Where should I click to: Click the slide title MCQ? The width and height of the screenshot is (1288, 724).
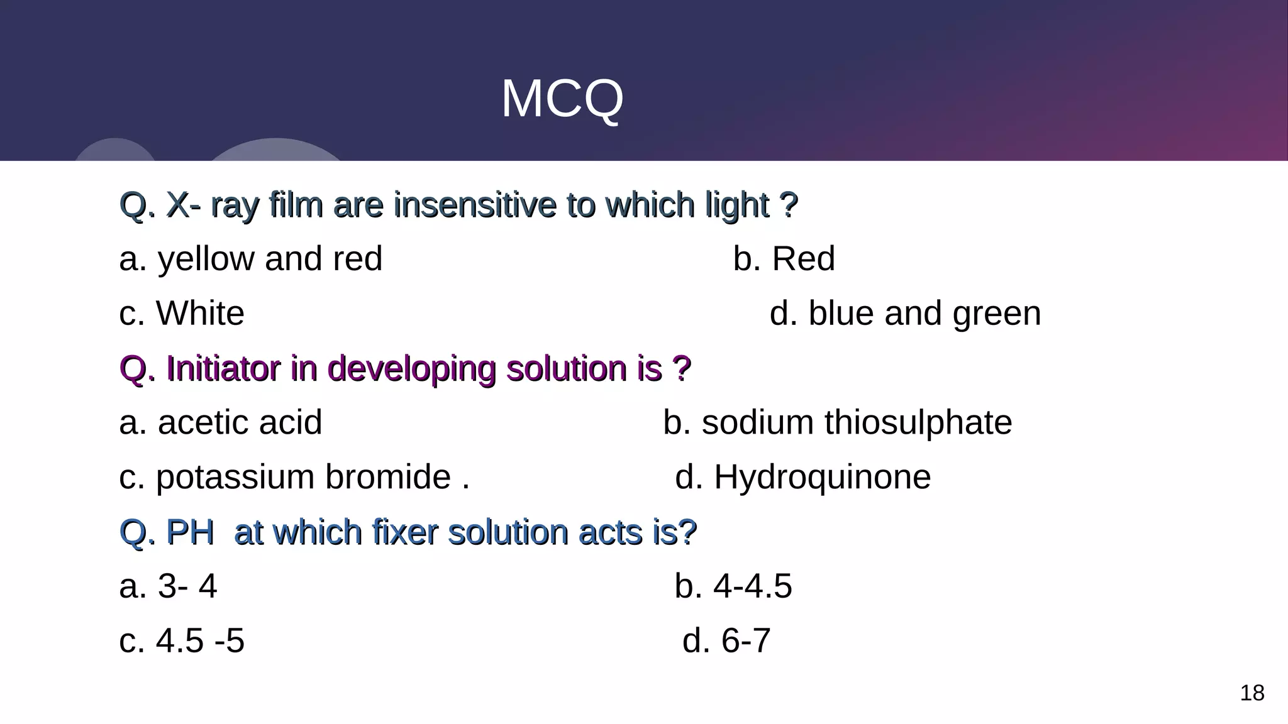(562, 99)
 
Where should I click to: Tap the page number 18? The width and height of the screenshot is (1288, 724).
(1252, 693)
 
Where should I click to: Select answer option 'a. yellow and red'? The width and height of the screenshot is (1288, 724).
(250, 259)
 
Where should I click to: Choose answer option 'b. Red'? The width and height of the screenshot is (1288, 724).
(784, 259)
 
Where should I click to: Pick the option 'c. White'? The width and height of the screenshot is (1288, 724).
(181, 313)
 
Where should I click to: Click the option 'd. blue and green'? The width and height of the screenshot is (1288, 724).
(905, 313)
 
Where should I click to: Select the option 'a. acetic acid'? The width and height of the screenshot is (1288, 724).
(220, 422)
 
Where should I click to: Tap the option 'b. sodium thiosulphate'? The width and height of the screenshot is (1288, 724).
(837, 422)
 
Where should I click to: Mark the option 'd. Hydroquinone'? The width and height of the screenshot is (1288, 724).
(802, 477)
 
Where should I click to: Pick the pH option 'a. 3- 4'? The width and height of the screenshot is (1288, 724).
(168, 586)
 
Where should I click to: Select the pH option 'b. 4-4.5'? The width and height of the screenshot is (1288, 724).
(733, 586)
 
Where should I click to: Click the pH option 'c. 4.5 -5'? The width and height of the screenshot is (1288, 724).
(181, 641)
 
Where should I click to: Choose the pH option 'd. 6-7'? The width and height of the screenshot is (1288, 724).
(726, 641)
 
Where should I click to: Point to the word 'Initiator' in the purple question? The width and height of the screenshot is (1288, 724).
(223, 368)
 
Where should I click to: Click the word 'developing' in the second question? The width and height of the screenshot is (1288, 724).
(411, 370)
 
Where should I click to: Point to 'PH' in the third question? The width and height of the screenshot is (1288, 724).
(190, 532)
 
